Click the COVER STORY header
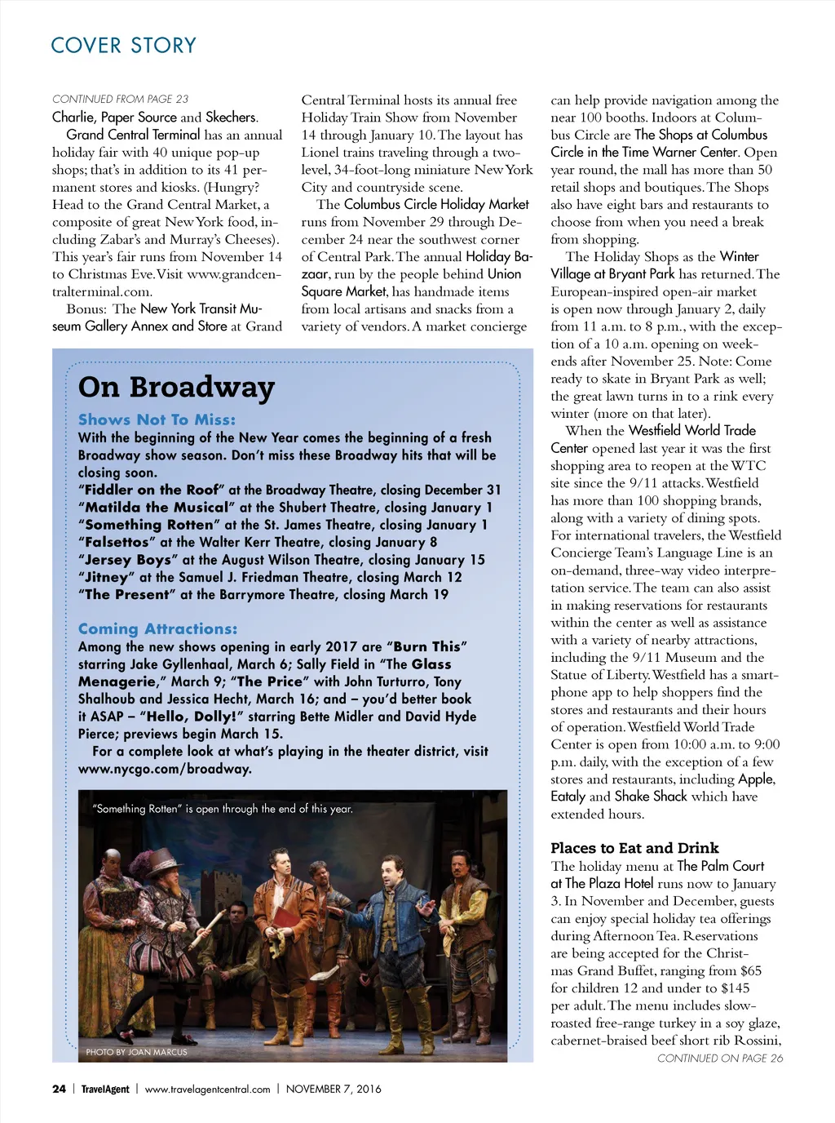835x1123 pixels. pyautogui.click(x=124, y=46)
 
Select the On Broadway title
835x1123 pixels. pyautogui.click(x=176, y=387)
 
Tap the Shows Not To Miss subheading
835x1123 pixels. pyautogui.click(x=157, y=419)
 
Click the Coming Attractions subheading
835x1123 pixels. pyautogui.click(x=157, y=629)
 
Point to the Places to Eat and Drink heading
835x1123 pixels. pyautogui.click(x=634, y=848)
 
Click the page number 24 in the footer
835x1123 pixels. pyautogui.click(x=59, y=1089)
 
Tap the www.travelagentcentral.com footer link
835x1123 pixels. pyautogui.click(x=207, y=1089)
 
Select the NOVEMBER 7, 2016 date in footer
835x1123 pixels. pyautogui.click(x=334, y=1089)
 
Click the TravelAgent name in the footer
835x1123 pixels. pyautogui.click(x=105, y=1089)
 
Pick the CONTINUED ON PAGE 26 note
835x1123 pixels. pyautogui.click(x=719, y=1059)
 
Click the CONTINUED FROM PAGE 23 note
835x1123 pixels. pyautogui.click(x=120, y=99)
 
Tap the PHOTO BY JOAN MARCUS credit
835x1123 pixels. pyautogui.click(x=136, y=1052)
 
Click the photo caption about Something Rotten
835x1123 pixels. pyautogui.click(x=223, y=809)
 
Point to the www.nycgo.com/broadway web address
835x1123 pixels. pyautogui.click(x=165, y=769)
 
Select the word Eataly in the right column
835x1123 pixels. pyautogui.click(x=568, y=797)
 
